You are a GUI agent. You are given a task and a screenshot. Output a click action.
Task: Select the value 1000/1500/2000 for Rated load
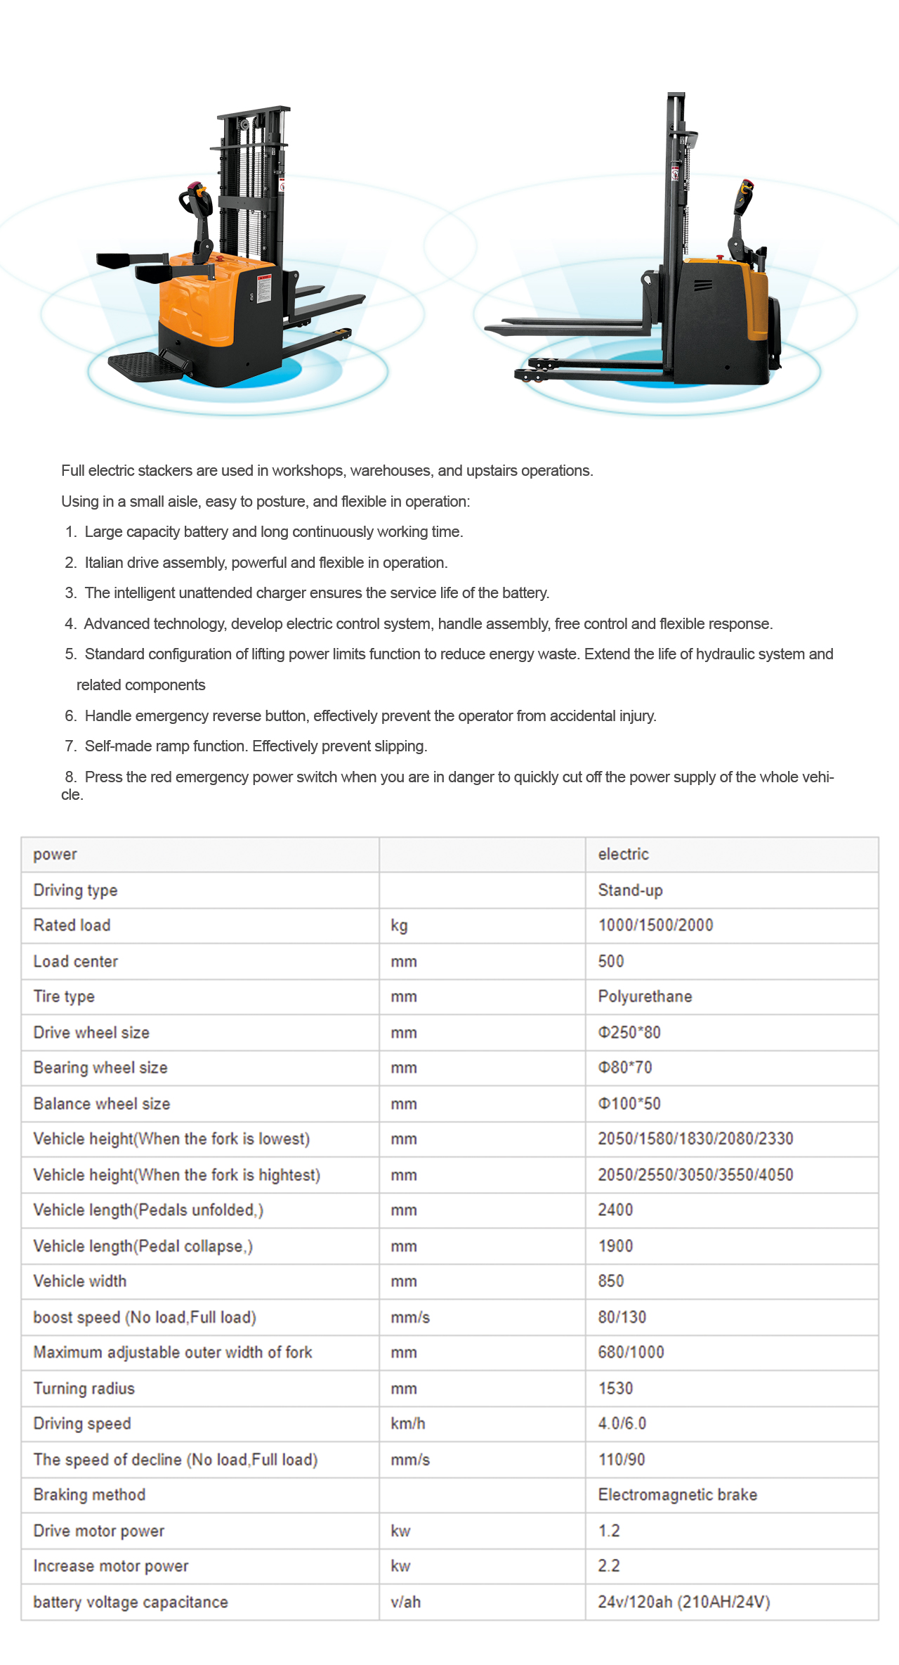tap(655, 925)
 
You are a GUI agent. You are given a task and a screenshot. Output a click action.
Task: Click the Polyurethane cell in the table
tap(645, 997)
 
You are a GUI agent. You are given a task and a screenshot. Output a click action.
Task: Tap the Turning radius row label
tap(84, 1388)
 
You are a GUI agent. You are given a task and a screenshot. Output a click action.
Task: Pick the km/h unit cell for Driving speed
tap(408, 1423)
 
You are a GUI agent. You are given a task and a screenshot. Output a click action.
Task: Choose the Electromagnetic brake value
tap(677, 1494)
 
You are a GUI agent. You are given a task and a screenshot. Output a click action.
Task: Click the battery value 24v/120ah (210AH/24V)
tap(684, 1602)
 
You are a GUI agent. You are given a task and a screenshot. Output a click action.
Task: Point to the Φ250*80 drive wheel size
tap(629, 1032)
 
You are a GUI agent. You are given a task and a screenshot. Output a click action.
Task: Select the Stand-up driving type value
tap(630, 890)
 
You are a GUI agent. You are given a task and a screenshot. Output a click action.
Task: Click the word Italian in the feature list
tap(104, 562)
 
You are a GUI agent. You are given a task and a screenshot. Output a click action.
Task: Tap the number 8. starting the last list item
tap(70, 777)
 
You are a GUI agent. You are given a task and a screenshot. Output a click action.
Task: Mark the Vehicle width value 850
tap(611, 1281)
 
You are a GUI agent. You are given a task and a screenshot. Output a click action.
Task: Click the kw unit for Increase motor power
tap(400, 1566)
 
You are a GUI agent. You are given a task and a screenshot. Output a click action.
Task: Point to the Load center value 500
tap(611, 961)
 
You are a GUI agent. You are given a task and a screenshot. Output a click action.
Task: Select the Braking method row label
tap(90, 1494)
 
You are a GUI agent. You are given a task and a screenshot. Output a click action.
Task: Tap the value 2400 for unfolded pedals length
tap(615, 1210)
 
